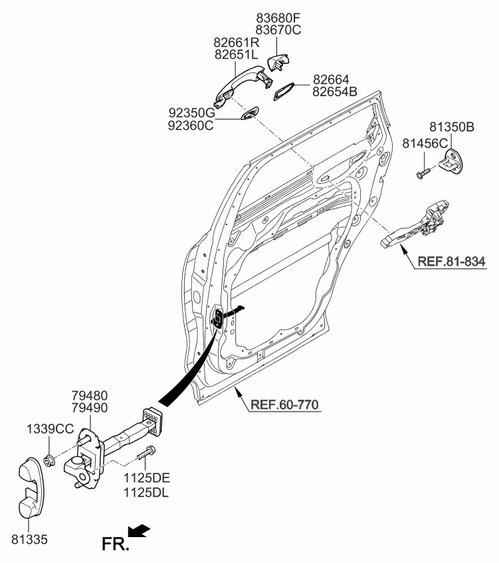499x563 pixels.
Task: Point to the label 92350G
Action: pos(191,112)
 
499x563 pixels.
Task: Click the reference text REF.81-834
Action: pos(452,262)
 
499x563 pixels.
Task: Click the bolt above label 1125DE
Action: pos(146,457)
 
